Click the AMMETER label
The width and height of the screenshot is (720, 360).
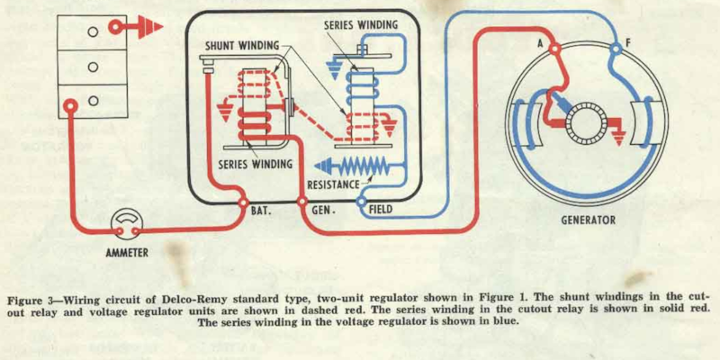point(126,253)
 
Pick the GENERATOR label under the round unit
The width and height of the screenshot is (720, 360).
point(588,220)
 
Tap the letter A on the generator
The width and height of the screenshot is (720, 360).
point(542,43)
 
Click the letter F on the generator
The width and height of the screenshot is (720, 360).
point(627,42)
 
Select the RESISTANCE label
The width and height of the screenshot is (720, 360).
point(327,184)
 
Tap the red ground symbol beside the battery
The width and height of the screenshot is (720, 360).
point(145,28)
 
